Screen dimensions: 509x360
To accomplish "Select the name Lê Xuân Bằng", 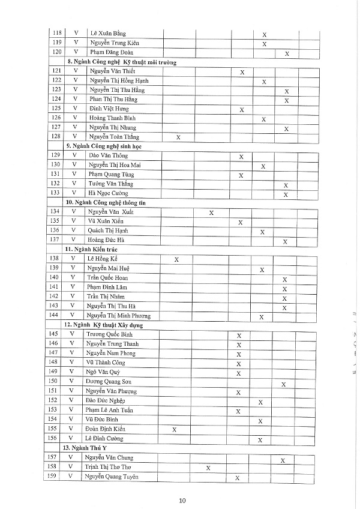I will click(x=108, y=34).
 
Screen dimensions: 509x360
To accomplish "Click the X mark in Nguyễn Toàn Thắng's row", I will click(x=178, y=137).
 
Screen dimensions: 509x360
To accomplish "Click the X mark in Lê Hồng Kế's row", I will click(x=176, y=259).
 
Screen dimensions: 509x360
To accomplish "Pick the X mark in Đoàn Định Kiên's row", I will click(x=175, y=430).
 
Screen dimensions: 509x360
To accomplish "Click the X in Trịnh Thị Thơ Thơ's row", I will click(x=208, y=467).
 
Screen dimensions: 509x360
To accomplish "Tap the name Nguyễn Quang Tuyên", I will click(x=112, y=477).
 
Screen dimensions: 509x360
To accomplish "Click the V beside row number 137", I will click(x=74, y=240).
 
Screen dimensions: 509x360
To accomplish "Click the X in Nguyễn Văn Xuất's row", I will click(x=211, y=212).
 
